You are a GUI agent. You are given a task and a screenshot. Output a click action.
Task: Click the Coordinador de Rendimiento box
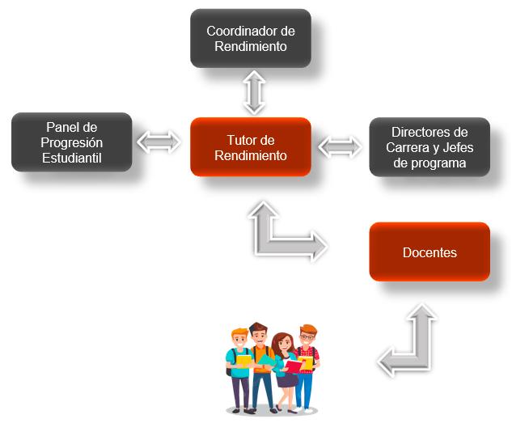pos(251,38)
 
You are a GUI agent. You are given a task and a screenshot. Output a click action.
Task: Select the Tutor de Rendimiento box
pos(251,146)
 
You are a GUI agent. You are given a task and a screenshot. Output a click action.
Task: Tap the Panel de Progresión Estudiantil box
pos(71,142)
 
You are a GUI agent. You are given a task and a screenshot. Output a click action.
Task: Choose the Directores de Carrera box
pos(430,147)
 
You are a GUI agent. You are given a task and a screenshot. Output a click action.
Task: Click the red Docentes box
pos(430,252)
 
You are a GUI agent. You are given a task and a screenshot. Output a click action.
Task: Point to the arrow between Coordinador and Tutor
pos(254,92)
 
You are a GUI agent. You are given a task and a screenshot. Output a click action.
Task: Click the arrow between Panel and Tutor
pos(159,142)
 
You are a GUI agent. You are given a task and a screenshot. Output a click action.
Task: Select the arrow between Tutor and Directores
pos(340,146)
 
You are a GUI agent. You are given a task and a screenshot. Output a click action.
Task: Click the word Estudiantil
pos(72,157)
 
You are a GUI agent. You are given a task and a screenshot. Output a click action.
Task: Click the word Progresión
pos(72,142)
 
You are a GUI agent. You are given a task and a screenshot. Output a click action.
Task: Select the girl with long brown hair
pos(282,368)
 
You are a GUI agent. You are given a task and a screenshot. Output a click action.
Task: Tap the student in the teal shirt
pos(240,368)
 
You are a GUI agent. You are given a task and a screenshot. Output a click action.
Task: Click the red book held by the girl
pos(294,366)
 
